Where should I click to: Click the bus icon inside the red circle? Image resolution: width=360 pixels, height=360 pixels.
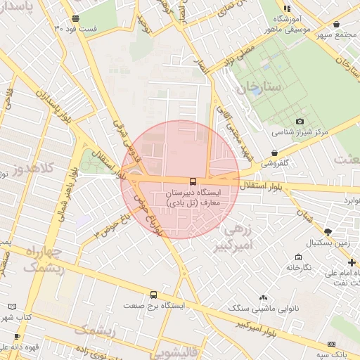(193, 181)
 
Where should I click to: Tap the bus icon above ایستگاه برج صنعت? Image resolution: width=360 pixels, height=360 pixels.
(153, 295)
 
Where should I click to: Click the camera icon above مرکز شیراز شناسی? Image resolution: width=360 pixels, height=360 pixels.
(300, 121)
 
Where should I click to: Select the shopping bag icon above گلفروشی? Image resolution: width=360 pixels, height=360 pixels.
(274, 153)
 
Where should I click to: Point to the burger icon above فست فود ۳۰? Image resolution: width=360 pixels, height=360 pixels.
(75, 18)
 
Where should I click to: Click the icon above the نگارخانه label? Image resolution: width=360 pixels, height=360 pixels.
(300, 257)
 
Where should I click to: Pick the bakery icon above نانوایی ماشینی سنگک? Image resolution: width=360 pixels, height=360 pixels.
(264, 298)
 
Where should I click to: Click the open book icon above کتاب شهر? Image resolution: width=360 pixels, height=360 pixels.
(11, 307)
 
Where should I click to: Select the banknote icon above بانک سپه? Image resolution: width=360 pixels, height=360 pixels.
(331, 344)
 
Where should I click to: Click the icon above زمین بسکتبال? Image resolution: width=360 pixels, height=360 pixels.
(328, 231)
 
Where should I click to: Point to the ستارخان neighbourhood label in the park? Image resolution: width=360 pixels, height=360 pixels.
(259, 88)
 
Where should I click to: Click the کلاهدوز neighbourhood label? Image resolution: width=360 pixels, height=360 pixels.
(27, 169)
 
